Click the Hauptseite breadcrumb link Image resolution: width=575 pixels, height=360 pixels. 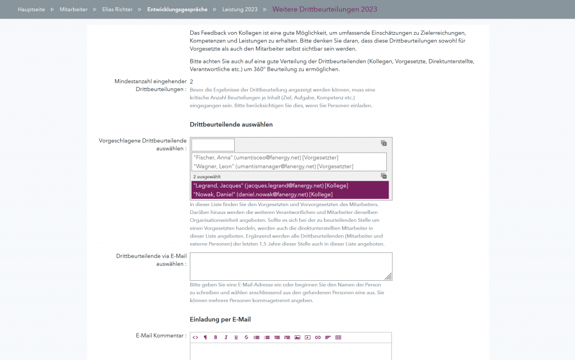(x=31, y=10)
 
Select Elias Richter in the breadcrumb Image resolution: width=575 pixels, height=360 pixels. (x=117, y=10)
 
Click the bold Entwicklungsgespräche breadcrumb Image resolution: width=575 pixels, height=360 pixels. (x=177, y=10)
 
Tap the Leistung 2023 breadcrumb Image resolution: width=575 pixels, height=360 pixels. (x=240, y=10)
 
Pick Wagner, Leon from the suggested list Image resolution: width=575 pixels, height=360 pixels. (x=272, y=166)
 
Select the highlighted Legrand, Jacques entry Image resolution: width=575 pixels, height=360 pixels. (x=270, y=185)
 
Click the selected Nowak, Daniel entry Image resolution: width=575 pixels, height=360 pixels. (x=262, y=194)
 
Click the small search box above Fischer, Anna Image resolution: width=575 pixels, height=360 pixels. (x=213, y=145)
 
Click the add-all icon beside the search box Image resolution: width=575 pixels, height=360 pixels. (x=384, y=143)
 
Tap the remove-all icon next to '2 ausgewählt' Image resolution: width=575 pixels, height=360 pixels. (x=384, y=176)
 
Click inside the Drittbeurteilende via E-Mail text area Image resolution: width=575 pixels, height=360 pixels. (x=290, y=266)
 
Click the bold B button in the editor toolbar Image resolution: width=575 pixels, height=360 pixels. (x=216, y=338)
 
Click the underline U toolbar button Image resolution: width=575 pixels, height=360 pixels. (x=236, y=338)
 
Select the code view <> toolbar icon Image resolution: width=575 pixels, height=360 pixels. (x=195, y=338)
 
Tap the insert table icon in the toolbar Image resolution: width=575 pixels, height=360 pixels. (x=338, y=338)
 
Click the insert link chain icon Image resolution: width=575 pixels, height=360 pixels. (x=318, y=338)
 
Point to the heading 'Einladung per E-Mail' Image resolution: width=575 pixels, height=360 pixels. (x=220, y=320)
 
